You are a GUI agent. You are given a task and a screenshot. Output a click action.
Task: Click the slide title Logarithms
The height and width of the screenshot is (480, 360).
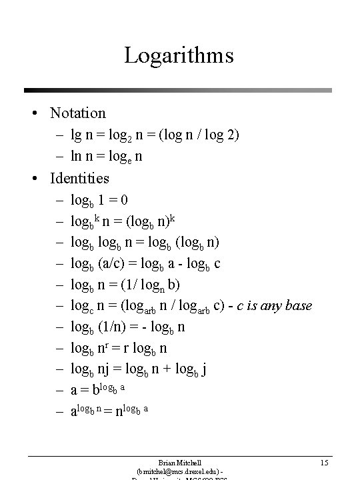tap(178, 54)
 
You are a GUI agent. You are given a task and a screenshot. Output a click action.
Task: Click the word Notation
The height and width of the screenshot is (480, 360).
tap(77, 113)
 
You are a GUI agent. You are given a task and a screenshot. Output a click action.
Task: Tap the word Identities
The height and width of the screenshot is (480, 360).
tap(79, 178)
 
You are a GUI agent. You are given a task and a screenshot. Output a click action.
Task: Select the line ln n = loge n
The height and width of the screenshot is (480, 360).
tap(107, 157)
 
